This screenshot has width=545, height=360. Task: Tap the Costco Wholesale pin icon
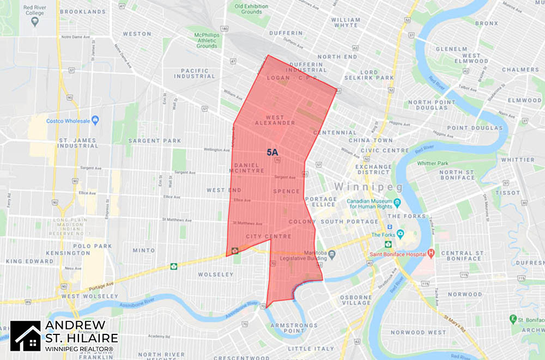(95, 120)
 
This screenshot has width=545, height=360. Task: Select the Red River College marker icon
(35, 21)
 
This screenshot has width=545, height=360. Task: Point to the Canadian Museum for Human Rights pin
(397, 203)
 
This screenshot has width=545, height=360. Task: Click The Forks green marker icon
(400, 234)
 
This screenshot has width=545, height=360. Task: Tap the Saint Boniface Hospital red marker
(431, 253)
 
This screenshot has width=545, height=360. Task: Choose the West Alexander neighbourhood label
(281, 120)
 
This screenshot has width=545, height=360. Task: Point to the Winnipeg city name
(368, 187)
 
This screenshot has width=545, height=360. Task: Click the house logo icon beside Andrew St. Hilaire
(25, 335)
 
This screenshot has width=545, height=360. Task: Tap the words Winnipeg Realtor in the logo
(80, 348)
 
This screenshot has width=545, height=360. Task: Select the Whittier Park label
(432, 163)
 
